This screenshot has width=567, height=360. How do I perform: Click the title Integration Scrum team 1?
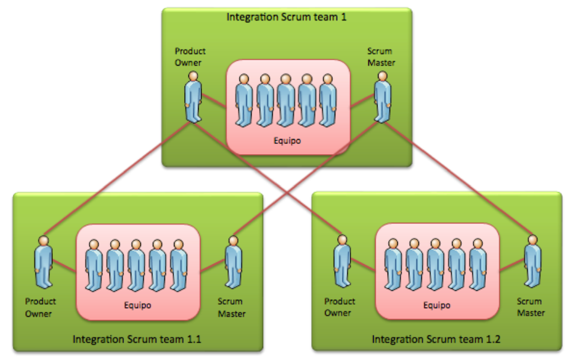click(286, 16)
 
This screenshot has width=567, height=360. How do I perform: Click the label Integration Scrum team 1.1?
click(137, 339)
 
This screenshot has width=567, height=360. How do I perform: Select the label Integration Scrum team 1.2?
click(436, 340)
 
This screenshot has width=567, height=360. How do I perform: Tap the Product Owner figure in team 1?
click(193, 96)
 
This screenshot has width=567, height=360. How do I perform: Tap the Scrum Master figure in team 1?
click(382, 96)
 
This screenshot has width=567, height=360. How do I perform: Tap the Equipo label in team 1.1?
click(137, 305)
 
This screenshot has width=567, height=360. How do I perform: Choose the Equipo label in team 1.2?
click(436, 305)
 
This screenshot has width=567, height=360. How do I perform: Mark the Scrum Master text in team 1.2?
click(531, 307)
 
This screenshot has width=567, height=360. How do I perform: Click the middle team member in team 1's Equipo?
click(286, 100)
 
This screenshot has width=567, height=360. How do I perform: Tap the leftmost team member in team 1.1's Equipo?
click(93, 265)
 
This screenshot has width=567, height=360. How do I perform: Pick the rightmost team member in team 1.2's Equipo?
click(478, 265)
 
